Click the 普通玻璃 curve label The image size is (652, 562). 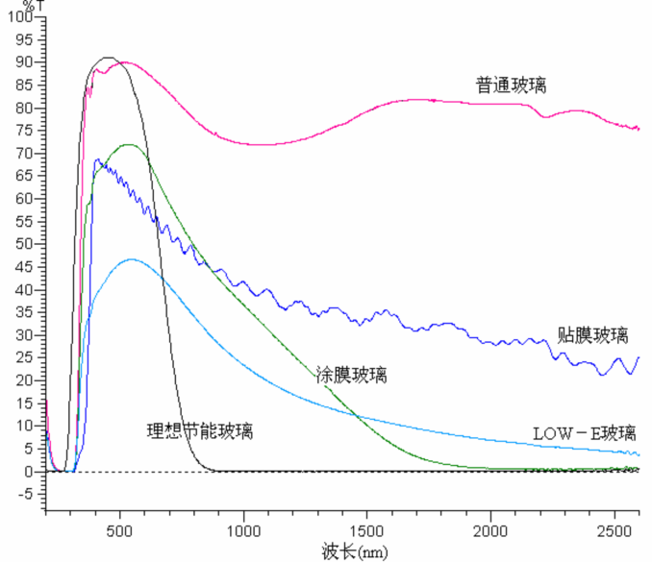pyautogui.click(x=511, y=85)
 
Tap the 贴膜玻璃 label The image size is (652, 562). pyautogui.click(x=592, y=335)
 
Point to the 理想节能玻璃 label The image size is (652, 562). pyautogui.click(x=200, y=430)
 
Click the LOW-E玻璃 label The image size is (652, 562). pyautogui.click(x=585, y=433)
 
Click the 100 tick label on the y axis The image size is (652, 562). pyautogui.click(x=21, y=16)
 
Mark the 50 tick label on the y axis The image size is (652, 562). pyautogui.click(x=25, y=244)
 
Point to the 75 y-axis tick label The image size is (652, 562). pyautogui.click(x=25, y=130)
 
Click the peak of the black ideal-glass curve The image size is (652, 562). pyautogui.click(x=109, y=58)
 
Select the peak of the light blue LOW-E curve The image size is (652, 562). pyautogui.click(x=133, y=259)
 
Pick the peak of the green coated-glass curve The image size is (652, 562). pyautogui.click(x=127, y=144)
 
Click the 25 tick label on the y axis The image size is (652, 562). pyautogui.click(x=25, y=357)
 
